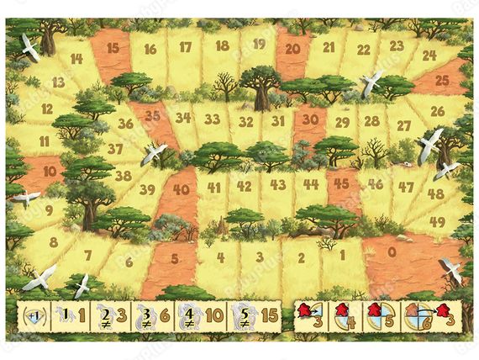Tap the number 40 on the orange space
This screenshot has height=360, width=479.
pyautogui.click(x=181, y=188)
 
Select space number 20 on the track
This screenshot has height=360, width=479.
pyautogui.click(x=293, y=49)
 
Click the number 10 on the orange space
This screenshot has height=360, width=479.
pyautogui.click(x=50, y=171)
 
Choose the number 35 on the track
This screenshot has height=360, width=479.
pyautogui.click(x=152, y=116)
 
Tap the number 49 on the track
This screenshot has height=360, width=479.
pyautogui.click(x=437, y=221)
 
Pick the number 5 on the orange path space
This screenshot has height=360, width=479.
pyautogui.click(x=175, y=259)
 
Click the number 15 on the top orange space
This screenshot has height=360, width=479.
pyautogui.click(x=112, y=48)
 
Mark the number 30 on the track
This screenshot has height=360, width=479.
pyautogui.click(x=309, y=119)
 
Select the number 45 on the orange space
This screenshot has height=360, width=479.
pyautogui.click(x=340, y=183)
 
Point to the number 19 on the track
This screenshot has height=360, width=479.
pyautogui.click(x=259, y=43)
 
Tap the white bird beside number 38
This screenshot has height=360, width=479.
pyautogui.click(x=153, y=153)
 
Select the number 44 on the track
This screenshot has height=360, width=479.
pyautogui.click(x=312, y=183)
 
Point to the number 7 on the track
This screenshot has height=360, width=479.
pyautogui.click(x=87, y=255)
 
